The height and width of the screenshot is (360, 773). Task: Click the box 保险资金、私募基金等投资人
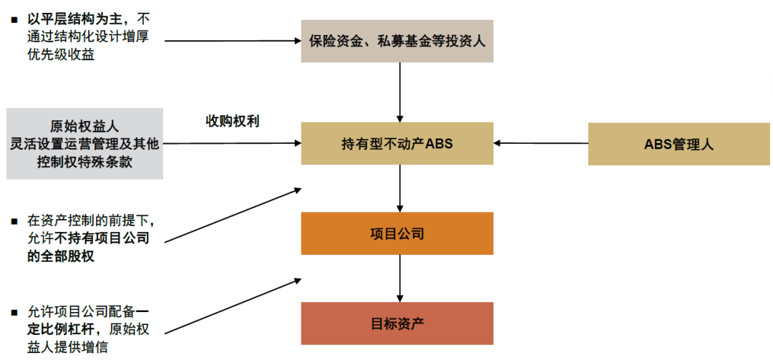(397, 41)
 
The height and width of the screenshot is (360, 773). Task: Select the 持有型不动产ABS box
(397, 144)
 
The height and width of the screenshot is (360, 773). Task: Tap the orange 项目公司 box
(397, 233)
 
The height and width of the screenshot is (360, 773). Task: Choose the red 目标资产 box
(397, 323)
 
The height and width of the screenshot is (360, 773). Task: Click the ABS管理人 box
(679, 144)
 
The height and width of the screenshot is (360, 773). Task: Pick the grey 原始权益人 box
(84, 144)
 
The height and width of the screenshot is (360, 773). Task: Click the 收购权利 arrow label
(233, 122)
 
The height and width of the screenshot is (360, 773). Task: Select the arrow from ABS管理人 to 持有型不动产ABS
(541, 143)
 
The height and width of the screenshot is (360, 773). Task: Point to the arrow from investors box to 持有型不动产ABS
(400, 92)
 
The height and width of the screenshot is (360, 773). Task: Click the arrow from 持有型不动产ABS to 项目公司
(400, 188)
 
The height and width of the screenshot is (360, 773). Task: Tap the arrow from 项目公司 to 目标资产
(400, 278)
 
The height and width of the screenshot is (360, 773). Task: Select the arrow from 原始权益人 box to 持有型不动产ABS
(232, 144)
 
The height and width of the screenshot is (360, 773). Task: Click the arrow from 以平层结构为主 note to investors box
(232, 41)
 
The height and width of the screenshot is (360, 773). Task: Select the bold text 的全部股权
(62, 256)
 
